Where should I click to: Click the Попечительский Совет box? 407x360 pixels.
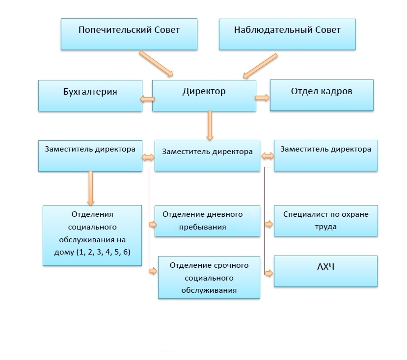(x=129, y=33)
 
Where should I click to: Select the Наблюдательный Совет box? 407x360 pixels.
(x=287, y=33)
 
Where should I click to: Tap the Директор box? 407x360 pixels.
(x=204, y=95)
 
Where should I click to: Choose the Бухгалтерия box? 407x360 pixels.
(x=90, y=95)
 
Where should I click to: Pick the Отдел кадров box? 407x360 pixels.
(x=322, y=95)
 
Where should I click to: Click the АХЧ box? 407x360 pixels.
(x=326, y=270)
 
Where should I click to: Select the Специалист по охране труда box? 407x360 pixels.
(x=326, y=221)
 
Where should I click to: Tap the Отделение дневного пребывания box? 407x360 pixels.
(x=207, y=221)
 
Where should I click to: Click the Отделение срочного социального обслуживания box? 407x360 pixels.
(x=209, y=278)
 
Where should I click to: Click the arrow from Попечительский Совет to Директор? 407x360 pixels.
(x=156, y=63)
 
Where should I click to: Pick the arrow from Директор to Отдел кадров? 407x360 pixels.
(x=262, y=98)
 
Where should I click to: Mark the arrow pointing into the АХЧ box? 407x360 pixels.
(x=269, y=274)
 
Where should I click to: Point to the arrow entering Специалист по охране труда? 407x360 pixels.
(x=269, y=224)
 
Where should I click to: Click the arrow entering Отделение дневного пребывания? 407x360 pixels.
(x=152, y=224)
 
